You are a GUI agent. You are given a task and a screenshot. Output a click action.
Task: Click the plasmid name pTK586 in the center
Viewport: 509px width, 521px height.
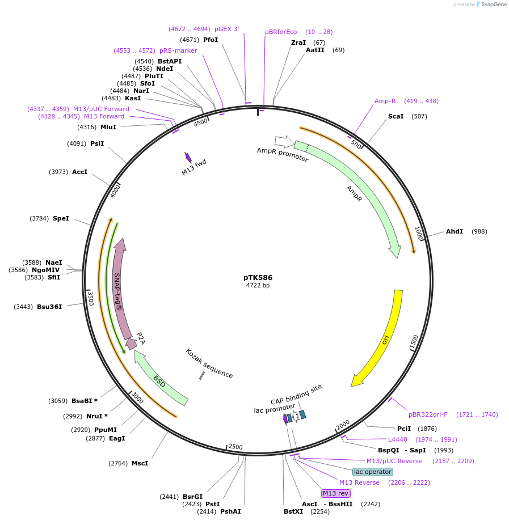click(258, 278)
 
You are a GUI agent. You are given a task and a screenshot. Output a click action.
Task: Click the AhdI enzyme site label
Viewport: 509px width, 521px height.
click(454, 231)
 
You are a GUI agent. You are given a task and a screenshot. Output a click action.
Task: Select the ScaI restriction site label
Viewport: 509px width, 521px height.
click(396, 116)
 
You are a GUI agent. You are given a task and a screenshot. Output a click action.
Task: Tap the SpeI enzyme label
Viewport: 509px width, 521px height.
click(61, 218)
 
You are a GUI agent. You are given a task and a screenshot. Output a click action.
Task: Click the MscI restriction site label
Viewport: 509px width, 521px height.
click(140, 463)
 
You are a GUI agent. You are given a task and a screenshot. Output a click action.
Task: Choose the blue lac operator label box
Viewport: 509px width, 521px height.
click(372, 472)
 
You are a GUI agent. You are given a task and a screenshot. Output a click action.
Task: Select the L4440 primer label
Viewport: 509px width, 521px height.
click(397, 439)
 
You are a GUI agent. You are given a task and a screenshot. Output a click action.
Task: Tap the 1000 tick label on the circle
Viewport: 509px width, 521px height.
click(419, 233)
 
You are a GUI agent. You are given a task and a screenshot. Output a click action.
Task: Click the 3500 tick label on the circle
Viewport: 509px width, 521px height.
click(90, 298)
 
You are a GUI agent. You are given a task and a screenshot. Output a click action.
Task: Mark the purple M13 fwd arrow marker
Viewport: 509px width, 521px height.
click(188, 157)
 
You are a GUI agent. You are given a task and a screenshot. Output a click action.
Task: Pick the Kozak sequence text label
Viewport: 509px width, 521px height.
click(209, 363)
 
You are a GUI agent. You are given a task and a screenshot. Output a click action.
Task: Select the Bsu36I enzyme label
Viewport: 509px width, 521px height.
click(49, 307)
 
